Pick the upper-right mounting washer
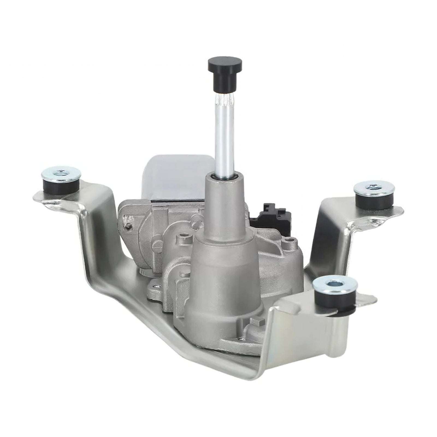pyautogui.click(x=374, y=188)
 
